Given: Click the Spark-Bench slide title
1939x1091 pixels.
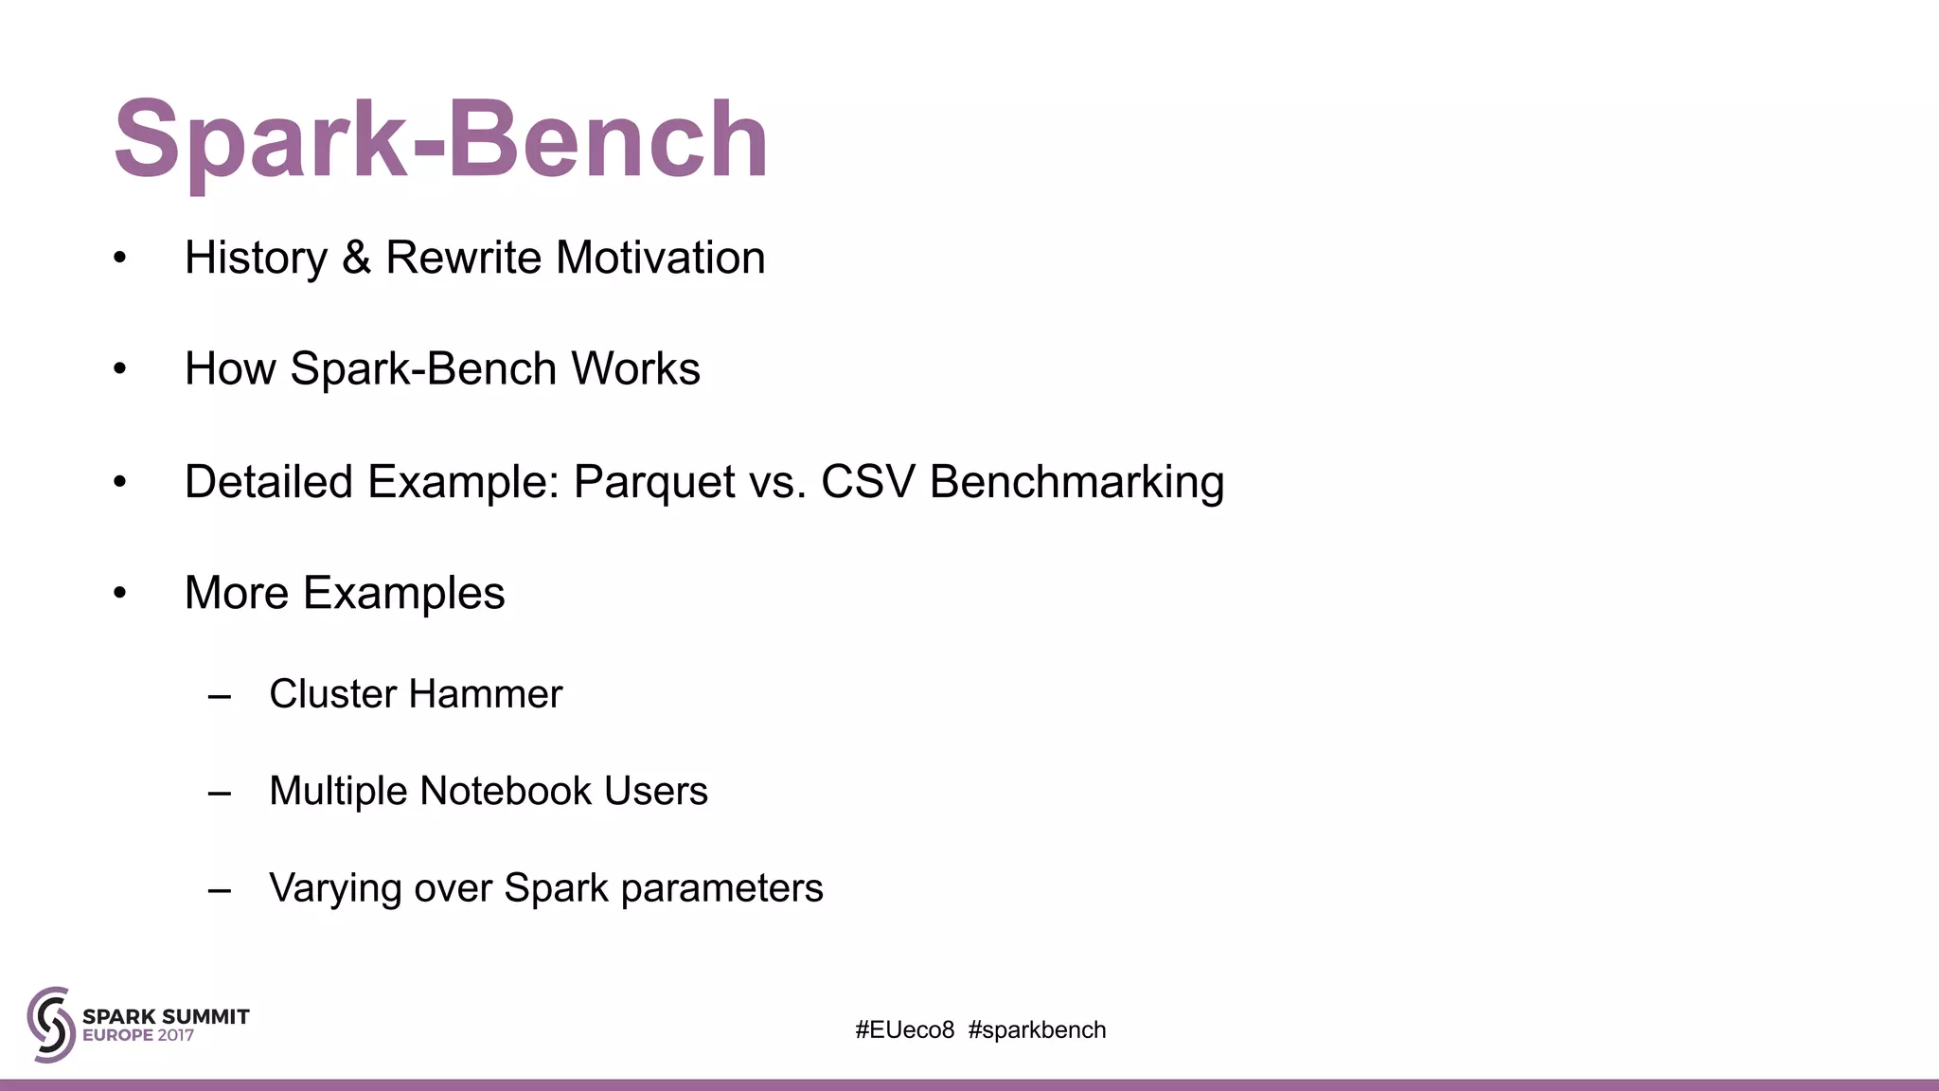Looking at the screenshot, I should (x=440, y=140).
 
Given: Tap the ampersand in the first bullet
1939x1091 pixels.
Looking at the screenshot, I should (x=356, y=258).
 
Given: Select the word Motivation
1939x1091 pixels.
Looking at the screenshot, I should (x=660, y=258).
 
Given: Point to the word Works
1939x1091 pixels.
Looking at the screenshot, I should (x=635, y=368).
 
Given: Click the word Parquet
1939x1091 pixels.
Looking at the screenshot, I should (x=654, y=482).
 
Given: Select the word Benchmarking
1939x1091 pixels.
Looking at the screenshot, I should (x=1076, y=482).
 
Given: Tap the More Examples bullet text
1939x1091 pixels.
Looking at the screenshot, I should (x=345, y=593).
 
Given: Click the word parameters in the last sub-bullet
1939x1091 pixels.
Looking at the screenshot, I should (x=721, y=888).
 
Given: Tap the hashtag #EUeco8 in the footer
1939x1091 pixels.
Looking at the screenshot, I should (x=904, y=1030).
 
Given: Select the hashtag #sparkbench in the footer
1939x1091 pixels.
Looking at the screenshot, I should (x=1037, y=1030).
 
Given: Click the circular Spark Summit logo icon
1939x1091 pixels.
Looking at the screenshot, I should (x=51, y=1025).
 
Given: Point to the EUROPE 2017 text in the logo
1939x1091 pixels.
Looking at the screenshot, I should (x=138, y=1036).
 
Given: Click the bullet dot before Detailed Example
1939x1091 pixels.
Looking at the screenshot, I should (x=119, y=482).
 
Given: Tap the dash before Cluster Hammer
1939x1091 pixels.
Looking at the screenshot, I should (x=220, y=697).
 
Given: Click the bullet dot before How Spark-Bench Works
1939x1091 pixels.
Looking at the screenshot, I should (x=119, y=369).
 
